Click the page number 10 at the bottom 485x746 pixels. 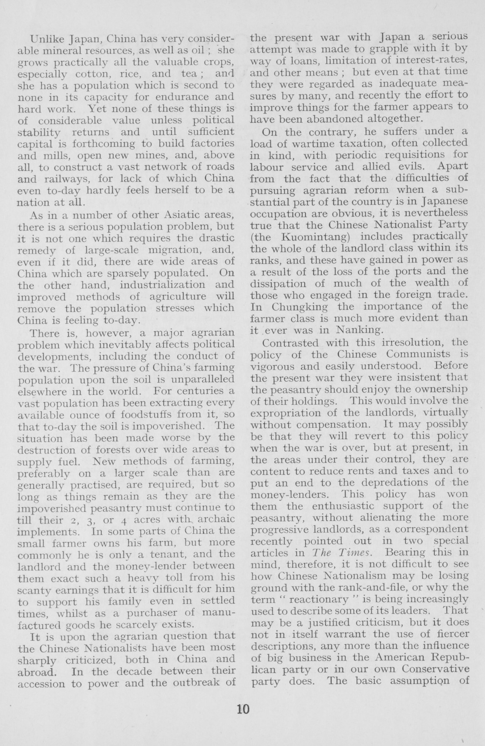tap(242, 709)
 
